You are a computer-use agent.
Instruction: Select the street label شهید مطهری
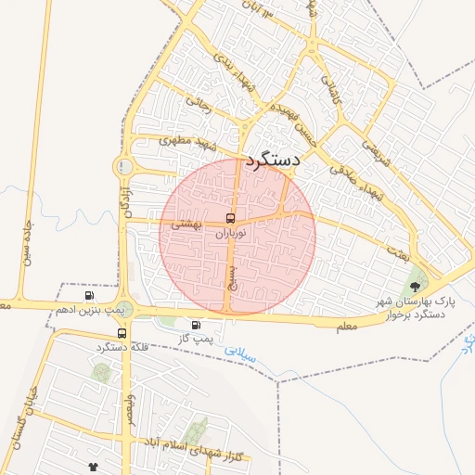177,141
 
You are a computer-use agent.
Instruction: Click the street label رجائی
198,105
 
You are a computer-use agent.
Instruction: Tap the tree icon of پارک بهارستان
415,288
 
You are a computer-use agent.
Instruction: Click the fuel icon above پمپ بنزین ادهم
89,296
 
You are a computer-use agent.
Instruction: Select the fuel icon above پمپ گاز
196,326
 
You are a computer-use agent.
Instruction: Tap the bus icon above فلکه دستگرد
122,333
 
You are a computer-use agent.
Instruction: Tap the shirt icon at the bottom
93,466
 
